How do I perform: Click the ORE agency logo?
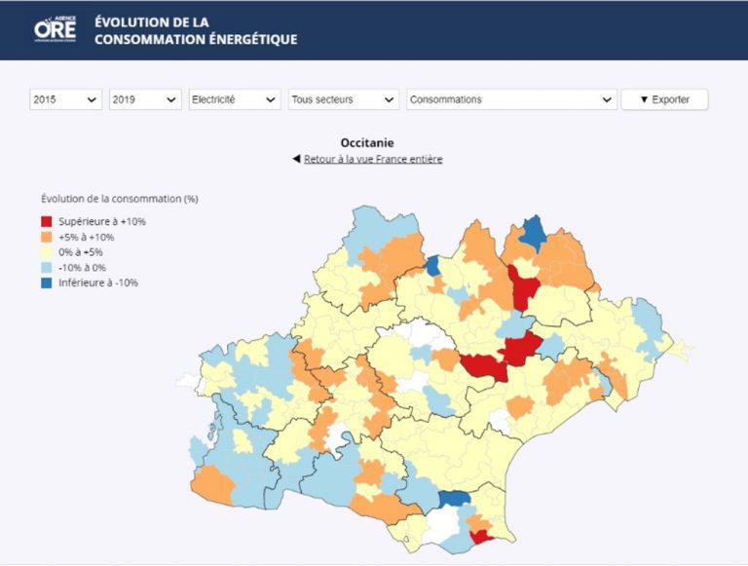[x=55, y=28]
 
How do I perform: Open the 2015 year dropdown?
[x=65, y=99]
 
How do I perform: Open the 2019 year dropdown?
[x=145, y=99]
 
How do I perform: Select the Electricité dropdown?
[x=234, y=99]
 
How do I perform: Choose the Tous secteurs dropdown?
[x=343, y=99]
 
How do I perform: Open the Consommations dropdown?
[x=511, y=99]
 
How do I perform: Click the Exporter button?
[x=664, y=99]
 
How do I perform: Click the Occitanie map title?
[x=367, y=143]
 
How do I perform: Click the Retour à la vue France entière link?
[x=373, y=159]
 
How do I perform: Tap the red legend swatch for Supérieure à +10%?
[x=47, y=221]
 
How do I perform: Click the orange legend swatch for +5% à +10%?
[x=47, y=237]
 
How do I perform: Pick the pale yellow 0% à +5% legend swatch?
[x=47, y=252]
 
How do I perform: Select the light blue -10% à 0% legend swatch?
[x=47, y=268]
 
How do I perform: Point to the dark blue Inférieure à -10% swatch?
[x=47, y=283]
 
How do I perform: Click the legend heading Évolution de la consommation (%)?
[x=119, y=199]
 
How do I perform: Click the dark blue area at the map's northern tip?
[x=532, y=234]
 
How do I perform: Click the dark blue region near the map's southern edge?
[x=453, y=498]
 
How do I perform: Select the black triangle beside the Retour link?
[x=296, y=159]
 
